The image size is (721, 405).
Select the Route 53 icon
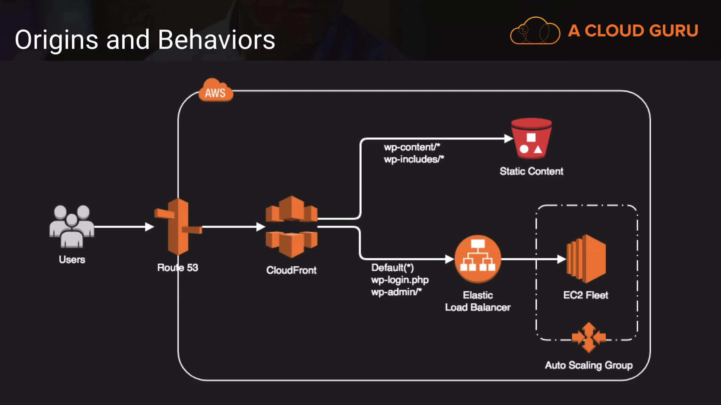178,226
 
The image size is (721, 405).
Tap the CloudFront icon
291,226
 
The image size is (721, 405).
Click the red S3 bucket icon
531,139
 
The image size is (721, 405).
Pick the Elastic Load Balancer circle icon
478,259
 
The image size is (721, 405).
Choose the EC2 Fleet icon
586,259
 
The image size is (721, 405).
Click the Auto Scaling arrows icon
588,337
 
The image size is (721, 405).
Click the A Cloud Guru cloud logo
535,31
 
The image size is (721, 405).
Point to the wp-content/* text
412,147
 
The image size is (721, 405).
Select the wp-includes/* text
413,159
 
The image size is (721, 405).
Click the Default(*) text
392,268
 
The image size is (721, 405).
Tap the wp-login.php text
400,280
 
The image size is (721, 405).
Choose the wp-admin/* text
396,292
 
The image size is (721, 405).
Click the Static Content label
531,171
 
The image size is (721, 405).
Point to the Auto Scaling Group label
588,365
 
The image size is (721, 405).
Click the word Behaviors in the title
216,40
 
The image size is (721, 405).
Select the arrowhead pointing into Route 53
149,227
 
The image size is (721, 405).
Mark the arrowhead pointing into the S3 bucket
508,139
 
